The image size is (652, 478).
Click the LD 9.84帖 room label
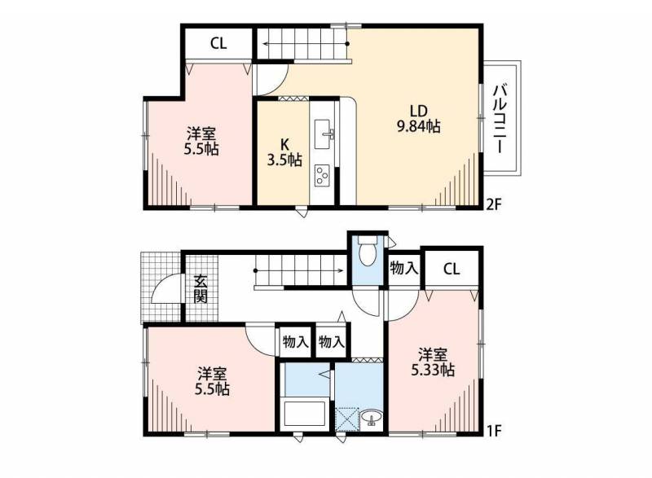tap(419, 119)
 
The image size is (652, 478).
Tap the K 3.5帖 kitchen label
tap(284, 152)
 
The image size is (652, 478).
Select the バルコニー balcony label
tap(500, 118)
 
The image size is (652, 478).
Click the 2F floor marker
tap(496, 204)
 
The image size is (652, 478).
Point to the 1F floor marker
tap(495, 431)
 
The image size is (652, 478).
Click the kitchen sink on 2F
tap(324, 134)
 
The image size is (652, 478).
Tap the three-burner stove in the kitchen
tap(322, 176)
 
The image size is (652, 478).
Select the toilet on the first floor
tap(368, 250)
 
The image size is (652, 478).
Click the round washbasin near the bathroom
tap(371, 418)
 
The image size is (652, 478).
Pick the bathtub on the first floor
tap(303, 414)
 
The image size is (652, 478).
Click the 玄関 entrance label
tap(200, 289)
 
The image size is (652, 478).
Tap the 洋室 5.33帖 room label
tap(433, 362)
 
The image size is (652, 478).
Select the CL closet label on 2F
tap(218, 44)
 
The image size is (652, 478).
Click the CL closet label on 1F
tap(452, 269)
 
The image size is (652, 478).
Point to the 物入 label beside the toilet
tap(403, 268)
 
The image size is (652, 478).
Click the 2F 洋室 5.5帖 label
tap(201, 141)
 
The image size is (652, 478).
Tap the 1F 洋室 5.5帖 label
tap(213, 381)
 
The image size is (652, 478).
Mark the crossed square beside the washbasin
tap(347, 420)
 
